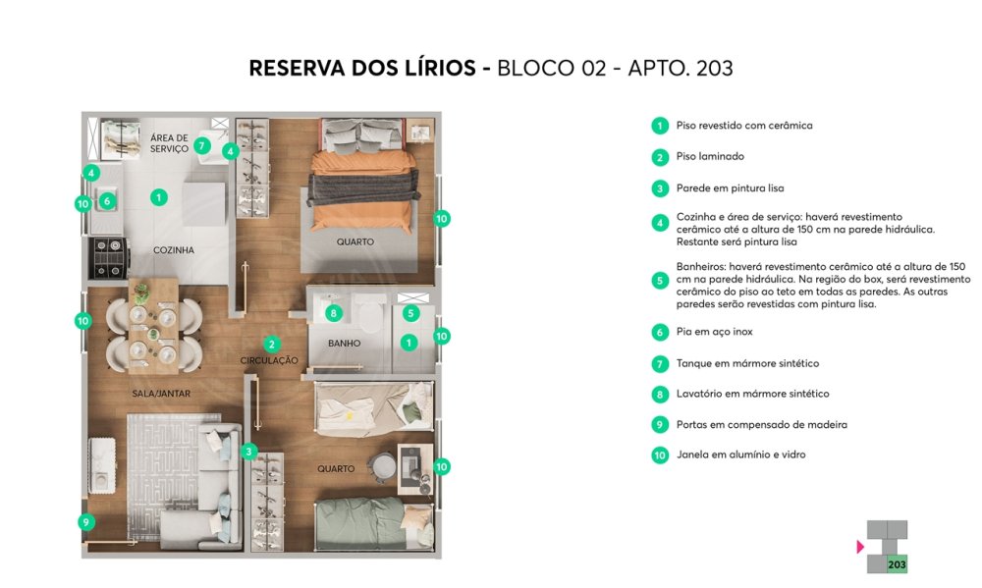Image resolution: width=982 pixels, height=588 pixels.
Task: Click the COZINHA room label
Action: click(174, 250)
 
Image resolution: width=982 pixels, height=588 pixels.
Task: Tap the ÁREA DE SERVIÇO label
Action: click(169, 143)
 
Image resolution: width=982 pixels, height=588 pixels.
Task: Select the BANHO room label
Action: click(344, 344)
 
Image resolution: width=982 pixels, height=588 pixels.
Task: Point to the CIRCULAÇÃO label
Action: click(269, 360)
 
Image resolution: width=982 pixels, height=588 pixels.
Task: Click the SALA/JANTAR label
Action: click(161, 394)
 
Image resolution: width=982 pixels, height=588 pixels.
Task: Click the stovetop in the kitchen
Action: click(108, 257)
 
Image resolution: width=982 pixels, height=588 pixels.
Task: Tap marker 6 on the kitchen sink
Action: click(107, 201)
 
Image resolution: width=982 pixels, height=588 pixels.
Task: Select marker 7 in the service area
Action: click(201, 146)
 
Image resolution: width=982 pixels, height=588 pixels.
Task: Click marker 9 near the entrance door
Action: click(85, 521)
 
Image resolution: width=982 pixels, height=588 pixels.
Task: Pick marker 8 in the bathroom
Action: click(334, 313)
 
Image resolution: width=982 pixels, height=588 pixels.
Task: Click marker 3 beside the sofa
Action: click(248, 451)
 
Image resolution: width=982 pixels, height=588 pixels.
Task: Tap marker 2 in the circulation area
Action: click(271, 344)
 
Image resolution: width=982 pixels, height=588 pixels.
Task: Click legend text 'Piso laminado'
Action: click(710, 156)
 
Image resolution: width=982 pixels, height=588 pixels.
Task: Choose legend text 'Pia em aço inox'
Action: click(714, 332)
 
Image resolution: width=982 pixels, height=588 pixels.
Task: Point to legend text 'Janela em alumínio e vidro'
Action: click(740, 454)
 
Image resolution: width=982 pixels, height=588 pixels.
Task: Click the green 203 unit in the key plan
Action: click(897, 564)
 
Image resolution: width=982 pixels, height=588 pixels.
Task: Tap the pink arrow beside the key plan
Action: click(860, 547)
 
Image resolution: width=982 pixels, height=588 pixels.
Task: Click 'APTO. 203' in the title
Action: click(681, 68)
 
